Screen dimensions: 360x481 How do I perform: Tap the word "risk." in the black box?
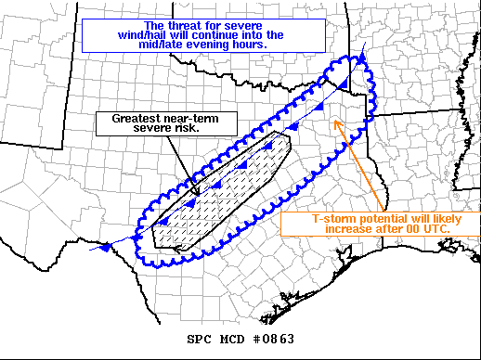pos(190,131)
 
